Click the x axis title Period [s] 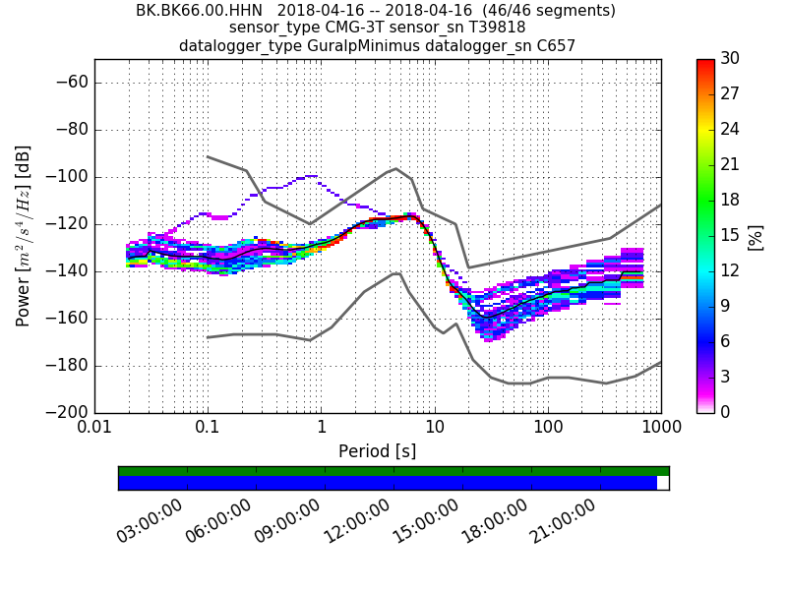pos(377,451)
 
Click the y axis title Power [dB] pos(24,236)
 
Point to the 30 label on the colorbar pos(730,59)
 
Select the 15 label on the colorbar pos(730,235)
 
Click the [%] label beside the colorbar pos(756,236)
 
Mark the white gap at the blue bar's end pos(662,483)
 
